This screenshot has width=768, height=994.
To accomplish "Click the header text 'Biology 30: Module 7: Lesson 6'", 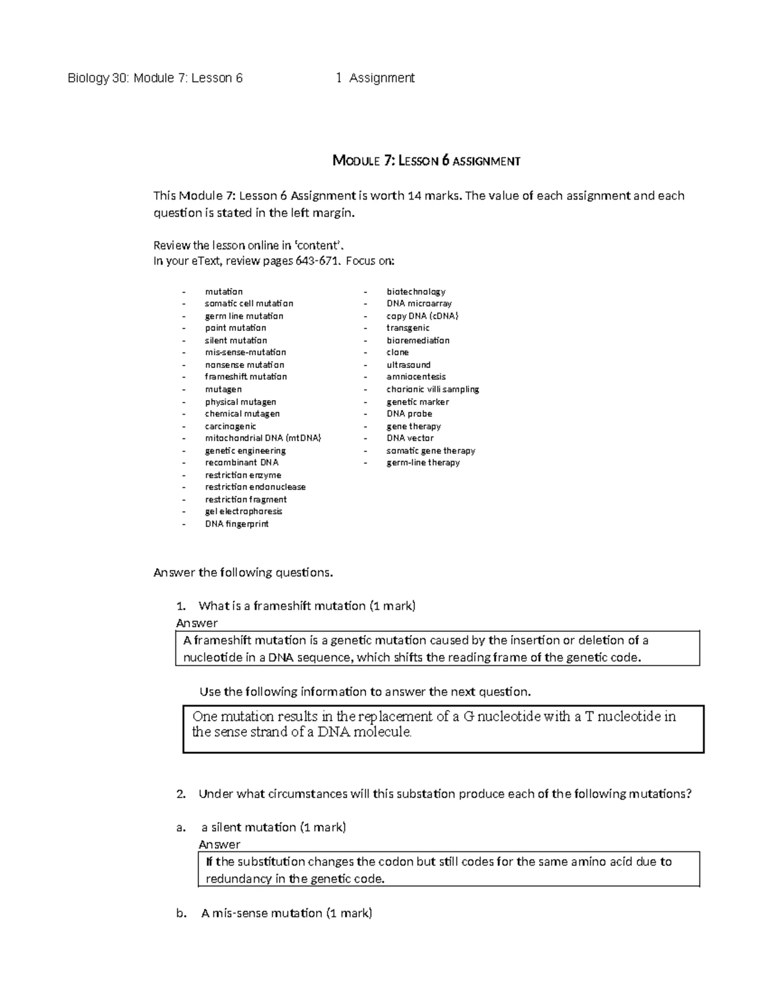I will [156, 78].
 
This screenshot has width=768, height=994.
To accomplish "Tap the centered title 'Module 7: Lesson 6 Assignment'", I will [426, 161].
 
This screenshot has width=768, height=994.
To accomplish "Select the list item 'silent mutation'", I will [236, 341].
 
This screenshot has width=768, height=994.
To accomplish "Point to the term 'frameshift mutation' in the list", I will [246, 377].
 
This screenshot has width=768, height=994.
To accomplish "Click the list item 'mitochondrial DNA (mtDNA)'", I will [262, 438].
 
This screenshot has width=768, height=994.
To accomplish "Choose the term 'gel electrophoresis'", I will [243, 511].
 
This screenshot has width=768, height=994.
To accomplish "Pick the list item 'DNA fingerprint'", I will [236, 524].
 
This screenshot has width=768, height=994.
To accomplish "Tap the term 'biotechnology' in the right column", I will [415, 292].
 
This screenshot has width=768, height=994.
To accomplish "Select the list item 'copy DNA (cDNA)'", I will [422, 316].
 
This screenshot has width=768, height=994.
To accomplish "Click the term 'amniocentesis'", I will [415, 377].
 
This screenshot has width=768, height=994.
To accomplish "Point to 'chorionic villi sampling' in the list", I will [432, 389].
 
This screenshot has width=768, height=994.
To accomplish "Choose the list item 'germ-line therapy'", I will [422, 463].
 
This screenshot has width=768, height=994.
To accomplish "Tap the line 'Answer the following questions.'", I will [243, 573].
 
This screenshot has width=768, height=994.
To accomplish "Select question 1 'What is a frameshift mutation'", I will [307, 606].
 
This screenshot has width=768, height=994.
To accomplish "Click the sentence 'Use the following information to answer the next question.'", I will [365, 692].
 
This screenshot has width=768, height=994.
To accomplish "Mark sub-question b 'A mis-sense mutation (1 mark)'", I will [286, 913].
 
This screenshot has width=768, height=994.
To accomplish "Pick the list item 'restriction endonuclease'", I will [255, 487].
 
